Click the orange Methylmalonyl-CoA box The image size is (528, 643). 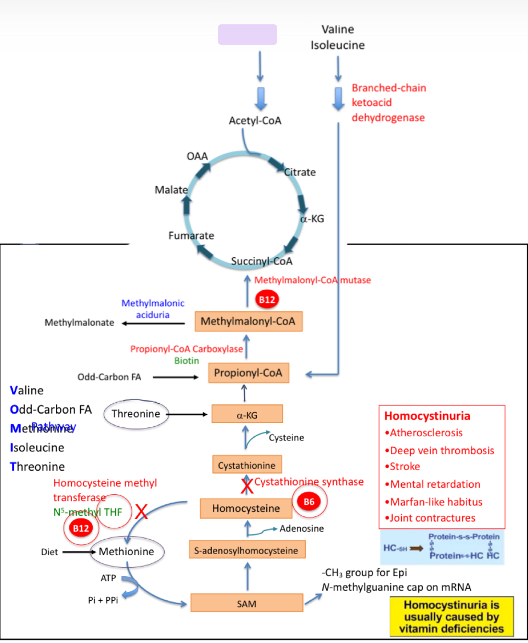click(x=249, y=321)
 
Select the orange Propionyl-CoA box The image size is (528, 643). click(x=248, y=373)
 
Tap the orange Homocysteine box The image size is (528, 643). click(x=245, y=509)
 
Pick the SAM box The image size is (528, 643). click(x=247, y=603)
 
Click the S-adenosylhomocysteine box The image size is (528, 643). click(x=246, y=550)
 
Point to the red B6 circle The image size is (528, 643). click(x=309, y=501)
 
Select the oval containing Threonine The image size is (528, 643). click(x=136, y=414)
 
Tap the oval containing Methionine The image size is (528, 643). click(x=126, y=551)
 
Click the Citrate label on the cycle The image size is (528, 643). click(x=300, y=172)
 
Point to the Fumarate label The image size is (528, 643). click(x=191, y=236)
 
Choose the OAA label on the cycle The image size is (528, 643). click(x=197, y=156)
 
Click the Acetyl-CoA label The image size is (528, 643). click(x=255, y=120)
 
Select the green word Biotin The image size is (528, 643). click(x=187, y=360)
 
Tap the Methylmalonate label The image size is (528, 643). click(x=80, y=322)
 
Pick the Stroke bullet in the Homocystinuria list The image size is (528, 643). click(x=405, y=466)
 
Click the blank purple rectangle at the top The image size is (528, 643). click(x=248, y=35)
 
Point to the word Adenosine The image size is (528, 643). click(x=301, y=529)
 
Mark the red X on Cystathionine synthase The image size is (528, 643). click(x=247, y=485)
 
